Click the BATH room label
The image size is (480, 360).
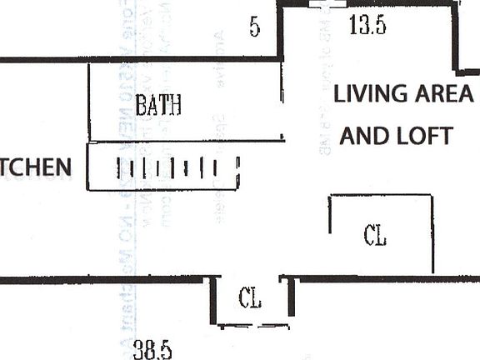tap(158, 105)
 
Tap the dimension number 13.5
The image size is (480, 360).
tap(367, 26)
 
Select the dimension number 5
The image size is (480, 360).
tap(254, 27)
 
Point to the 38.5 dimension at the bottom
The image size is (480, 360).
tap(152, 349)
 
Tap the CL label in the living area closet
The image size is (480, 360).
tap(375, 236)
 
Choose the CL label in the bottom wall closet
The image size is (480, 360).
tap(251, 297)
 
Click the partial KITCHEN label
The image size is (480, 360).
tap(36, 167)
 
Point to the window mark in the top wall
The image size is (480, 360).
tap(327, 4)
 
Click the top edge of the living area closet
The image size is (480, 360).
tap(381, 196)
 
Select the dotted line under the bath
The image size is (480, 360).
tap(185, 141)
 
